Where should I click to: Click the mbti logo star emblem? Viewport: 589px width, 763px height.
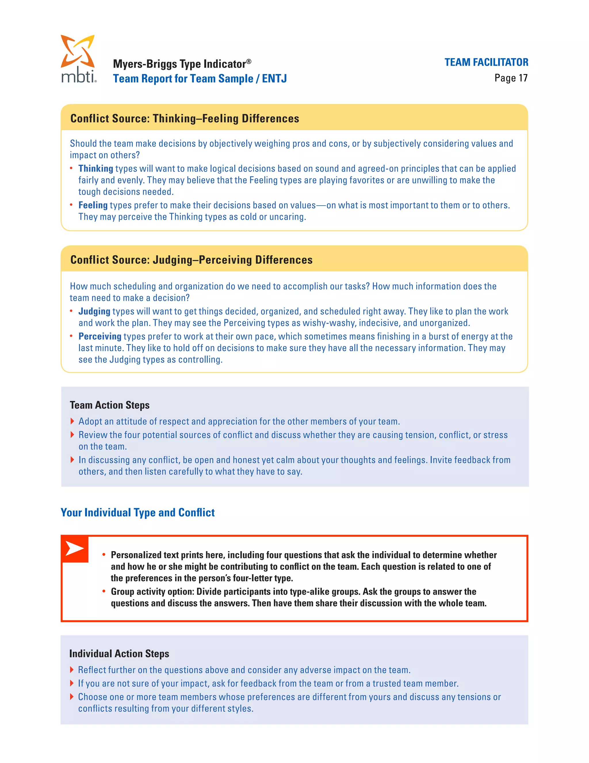77,51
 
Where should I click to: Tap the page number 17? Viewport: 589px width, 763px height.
523,78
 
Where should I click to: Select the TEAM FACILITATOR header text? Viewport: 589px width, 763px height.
486,62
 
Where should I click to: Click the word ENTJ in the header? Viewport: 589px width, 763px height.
274,79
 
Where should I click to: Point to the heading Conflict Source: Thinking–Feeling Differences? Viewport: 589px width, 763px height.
185,118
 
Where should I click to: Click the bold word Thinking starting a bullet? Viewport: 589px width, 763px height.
95,168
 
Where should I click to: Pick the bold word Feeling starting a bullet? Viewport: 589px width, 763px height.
93,205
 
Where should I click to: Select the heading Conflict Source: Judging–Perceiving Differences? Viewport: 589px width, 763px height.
191,260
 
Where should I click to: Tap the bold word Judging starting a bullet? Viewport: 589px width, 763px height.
94,311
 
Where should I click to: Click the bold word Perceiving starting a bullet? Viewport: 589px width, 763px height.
100,336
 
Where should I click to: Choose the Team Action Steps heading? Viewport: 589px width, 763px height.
110,405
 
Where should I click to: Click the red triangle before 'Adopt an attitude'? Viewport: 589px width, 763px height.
72,421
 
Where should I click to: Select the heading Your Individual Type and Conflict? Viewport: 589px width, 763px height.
137,512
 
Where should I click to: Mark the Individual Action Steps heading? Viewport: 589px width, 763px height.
119,653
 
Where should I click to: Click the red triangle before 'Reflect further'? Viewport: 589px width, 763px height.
72,670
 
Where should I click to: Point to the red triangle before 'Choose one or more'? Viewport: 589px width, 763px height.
72,696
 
